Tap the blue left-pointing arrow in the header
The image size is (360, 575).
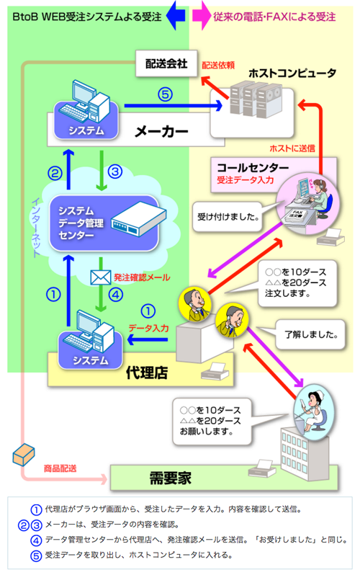[x=175, y=13]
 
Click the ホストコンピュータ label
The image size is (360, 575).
[x=292, y=73]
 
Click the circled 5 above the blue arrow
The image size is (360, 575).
[x=166, y=94]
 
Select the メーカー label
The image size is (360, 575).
[x=161, y=131]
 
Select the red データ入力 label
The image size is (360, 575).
[x=148, y=328]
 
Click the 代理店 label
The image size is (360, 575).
[x=146, y=373]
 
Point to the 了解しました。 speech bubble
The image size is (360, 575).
[x=303, y=334]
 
